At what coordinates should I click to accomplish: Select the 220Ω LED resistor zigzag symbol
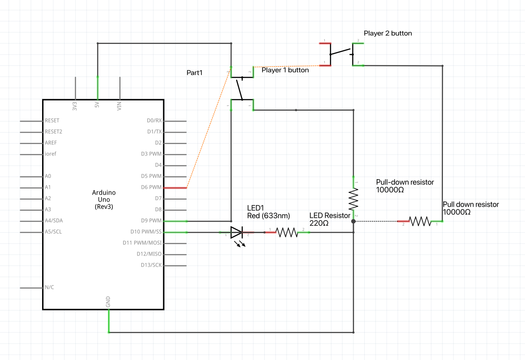coord(287,232)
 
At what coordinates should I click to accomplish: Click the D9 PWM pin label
coord(152,221)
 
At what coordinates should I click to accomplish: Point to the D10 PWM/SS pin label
coord(146,232)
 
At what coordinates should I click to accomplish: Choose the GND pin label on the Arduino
coord(108,302)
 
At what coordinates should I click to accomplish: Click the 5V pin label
coord(97,105)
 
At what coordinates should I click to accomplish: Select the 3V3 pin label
coord(75,106)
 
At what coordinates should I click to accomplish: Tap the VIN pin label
coord(119,105)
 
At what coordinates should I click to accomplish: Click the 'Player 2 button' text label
coord(388,33)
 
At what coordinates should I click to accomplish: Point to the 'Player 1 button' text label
coord(285,70)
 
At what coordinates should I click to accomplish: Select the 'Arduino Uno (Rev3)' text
coord(104,199)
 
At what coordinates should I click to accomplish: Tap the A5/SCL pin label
coord(54,232)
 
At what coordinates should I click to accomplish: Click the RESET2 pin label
coord(54,132)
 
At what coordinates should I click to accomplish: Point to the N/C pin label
coord(50,288)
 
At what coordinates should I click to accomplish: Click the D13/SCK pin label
coord(151,265)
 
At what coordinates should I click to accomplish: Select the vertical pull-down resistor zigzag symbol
coord(353,199)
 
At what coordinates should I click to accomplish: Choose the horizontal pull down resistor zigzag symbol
coord(420,221)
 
